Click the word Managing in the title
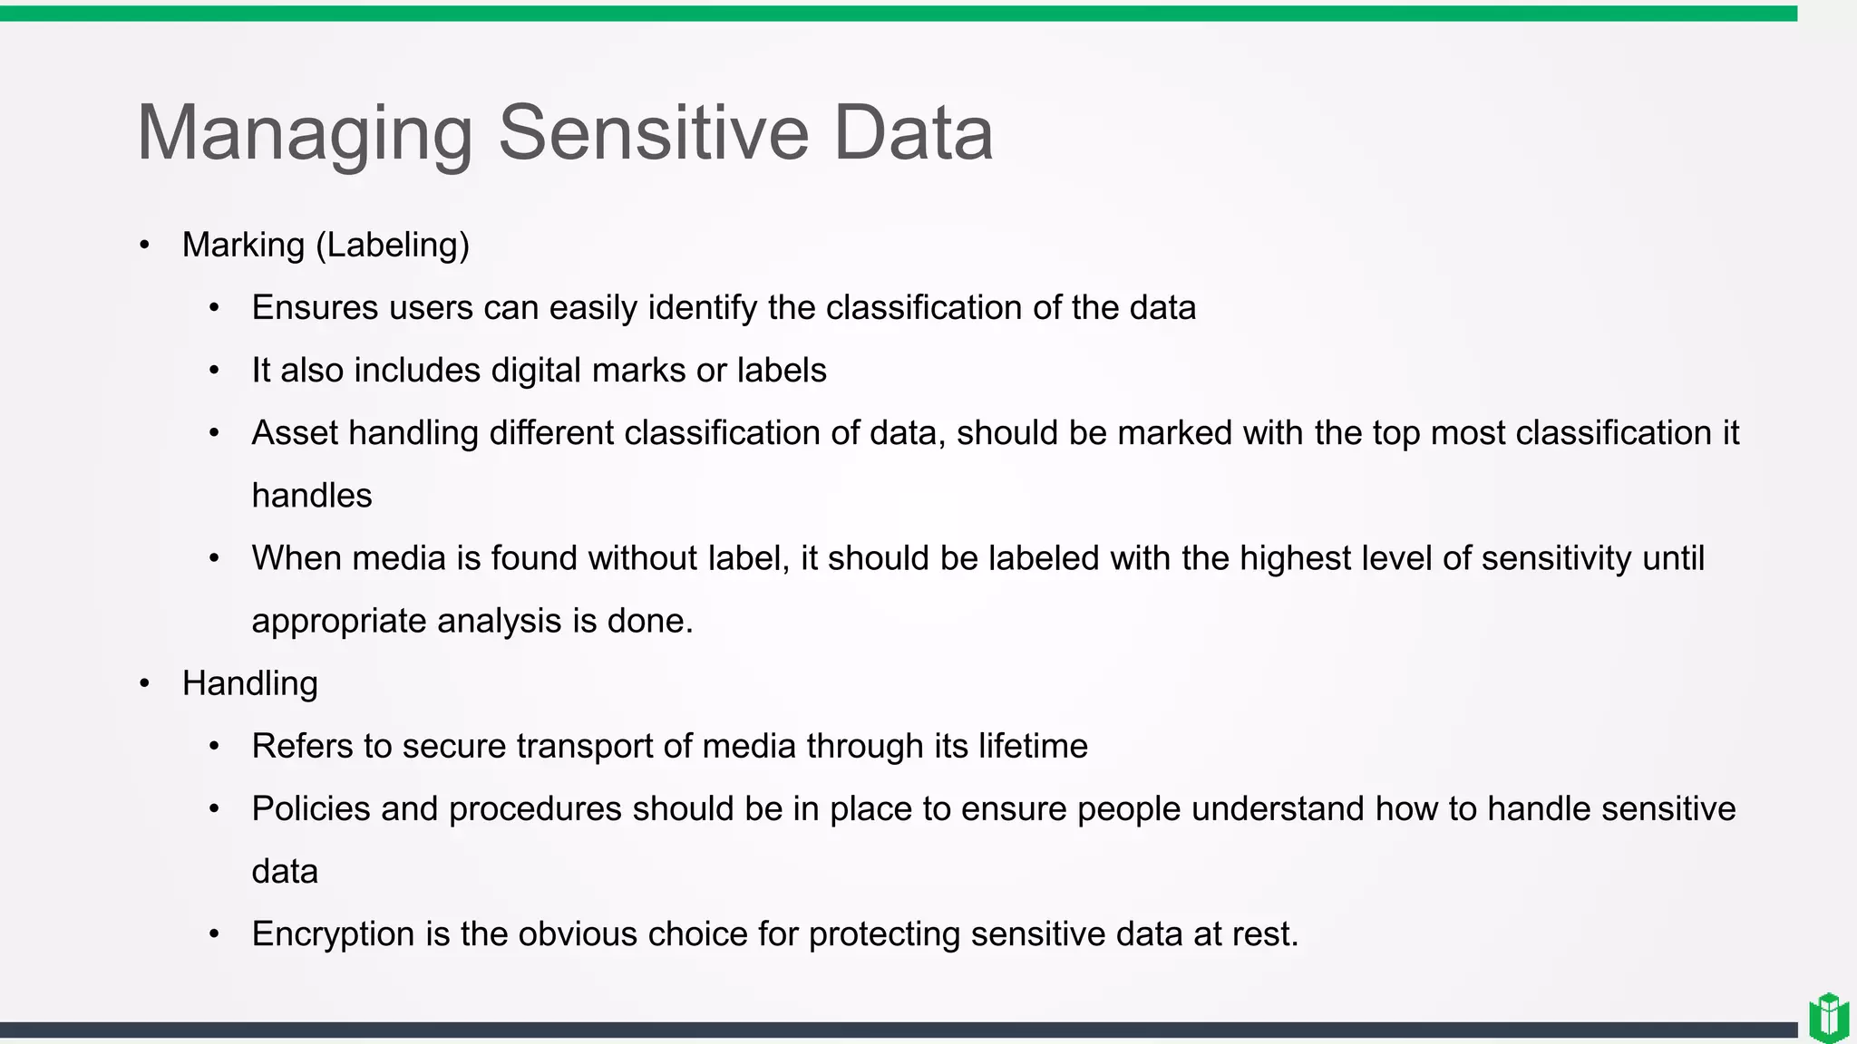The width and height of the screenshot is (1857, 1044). click(304, 134)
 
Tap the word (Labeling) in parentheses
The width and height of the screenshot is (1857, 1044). click(393, 246)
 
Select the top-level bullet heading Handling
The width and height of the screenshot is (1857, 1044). click(249, 683)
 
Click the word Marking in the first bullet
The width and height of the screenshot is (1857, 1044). click(243, 246)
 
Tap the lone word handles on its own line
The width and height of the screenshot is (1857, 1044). click(311, 496)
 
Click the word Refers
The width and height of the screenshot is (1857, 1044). click(302, 746)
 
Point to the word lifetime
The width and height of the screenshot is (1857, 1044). click(1032, 746)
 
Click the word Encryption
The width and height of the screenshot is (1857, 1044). click(333, 934)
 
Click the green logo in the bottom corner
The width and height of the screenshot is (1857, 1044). click(1828, 1018)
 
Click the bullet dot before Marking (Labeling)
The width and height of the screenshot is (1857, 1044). click(145, 246)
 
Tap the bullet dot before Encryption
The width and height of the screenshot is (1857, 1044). click(214, 934)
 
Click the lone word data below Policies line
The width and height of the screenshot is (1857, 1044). click(285, 872)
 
